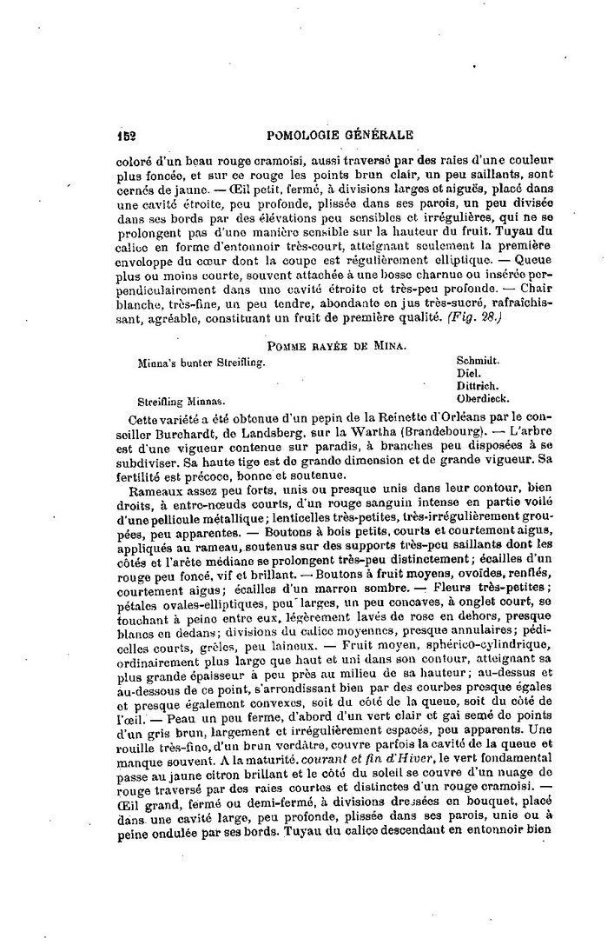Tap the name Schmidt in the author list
478,357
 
